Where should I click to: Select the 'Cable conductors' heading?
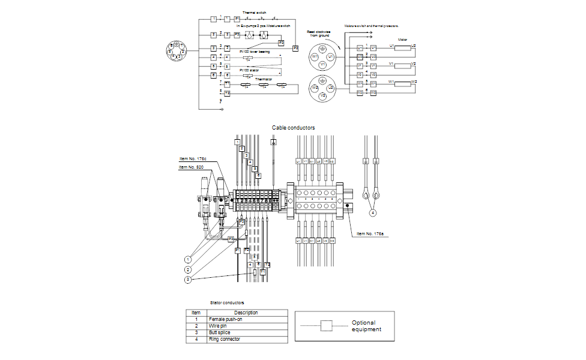point(293,127)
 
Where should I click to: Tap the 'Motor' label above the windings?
point(402,40)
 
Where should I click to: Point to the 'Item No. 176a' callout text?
point(369,233)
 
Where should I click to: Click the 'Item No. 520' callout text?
point(192,167)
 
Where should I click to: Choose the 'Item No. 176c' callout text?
point(192,159)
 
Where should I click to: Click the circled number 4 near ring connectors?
point(373,212)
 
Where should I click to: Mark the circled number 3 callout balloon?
point(188,279)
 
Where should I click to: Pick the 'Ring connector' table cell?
point(224,340)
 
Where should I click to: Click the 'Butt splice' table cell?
point(220,332)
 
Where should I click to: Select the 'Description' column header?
point(246,313)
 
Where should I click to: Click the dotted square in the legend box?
point(326,326)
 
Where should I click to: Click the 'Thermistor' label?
point(264,79)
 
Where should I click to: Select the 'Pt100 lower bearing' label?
point(255,52)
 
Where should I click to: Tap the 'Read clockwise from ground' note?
point(319,34)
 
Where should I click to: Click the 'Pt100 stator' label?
point(249,70)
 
